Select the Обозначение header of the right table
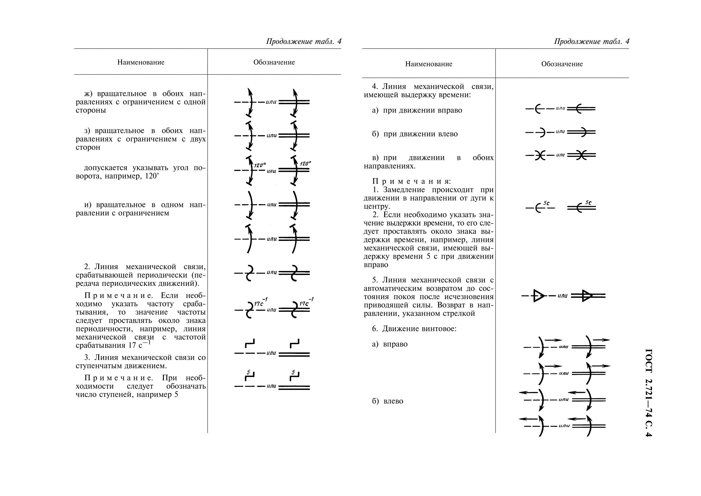pos(562,64)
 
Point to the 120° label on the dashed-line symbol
pos(260,165)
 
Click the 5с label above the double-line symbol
pos(588,203)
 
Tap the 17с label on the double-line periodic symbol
pos(304,304)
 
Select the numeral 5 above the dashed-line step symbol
pos(249,373)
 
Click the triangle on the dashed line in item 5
pos(538,296)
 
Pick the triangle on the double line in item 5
pos(587,296)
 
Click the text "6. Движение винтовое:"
pos(414,329)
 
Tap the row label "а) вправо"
pos(390,344)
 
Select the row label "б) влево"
pos(387,401)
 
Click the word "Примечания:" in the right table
pos(411,181)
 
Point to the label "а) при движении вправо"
pos(417,110)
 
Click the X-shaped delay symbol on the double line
pos(582,155)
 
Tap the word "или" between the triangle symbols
pos(562,296)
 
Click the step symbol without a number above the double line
pos(294,343)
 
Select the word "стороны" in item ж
pos(91,110)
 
